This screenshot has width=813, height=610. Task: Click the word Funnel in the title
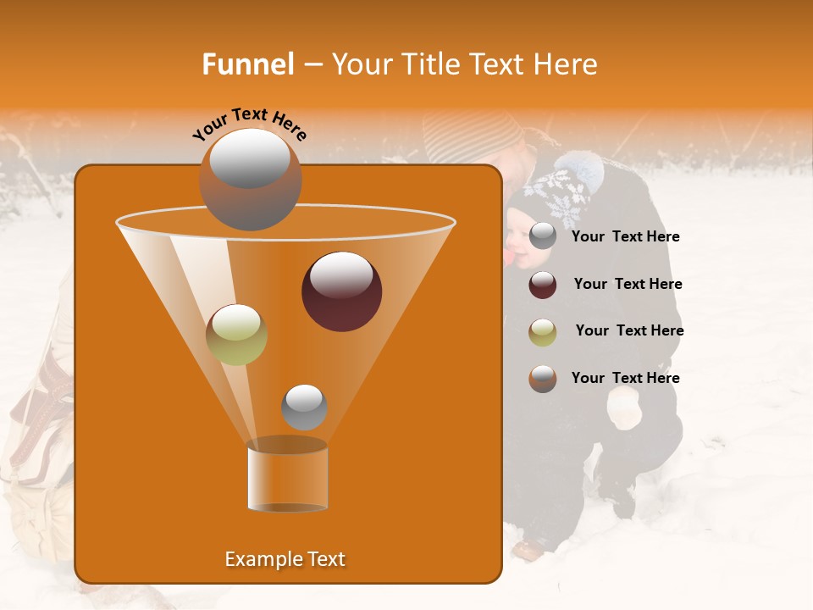(x=247, y=64)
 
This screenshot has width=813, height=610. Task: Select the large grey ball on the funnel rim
(x=250, y=179)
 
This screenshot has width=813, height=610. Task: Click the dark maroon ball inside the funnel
(x=341, y=291)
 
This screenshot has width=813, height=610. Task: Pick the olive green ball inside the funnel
(x=236, y=334)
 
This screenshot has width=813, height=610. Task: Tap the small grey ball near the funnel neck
(x=304, y=407)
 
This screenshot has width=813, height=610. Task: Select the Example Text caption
(x=285, y=559)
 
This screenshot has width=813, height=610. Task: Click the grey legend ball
(x=543, y=236)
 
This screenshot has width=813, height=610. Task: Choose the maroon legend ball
(x=543, y=285)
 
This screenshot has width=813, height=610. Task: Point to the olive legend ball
(x=543, y=331)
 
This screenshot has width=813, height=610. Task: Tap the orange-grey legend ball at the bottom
(x=543, y=378)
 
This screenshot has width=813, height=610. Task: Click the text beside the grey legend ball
(x=625, y=237)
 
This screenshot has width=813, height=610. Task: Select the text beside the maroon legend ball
(x=628, y=285)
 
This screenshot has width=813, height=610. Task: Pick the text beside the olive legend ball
(x=629, y=331)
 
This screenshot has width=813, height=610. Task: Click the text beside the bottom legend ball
(x=625, y=378)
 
